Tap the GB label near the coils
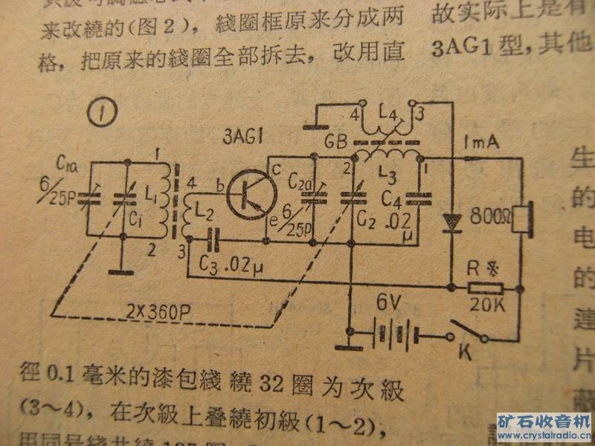point(336,141)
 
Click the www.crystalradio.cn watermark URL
point(546,434)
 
